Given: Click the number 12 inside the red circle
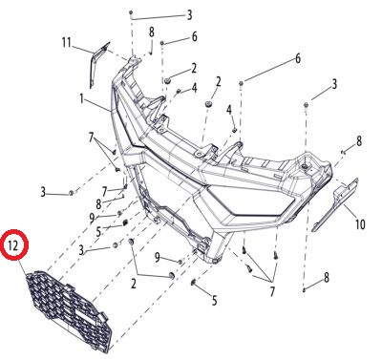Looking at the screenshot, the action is click(x=14, y=246).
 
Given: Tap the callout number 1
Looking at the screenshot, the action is click(x=82, y=99).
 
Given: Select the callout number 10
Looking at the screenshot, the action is click(x=360, y=224).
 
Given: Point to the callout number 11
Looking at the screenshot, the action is click(x=66, y=42).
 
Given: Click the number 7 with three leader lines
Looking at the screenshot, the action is click(x=272, y=291).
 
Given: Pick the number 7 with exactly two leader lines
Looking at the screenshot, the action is click(x=92, y=138).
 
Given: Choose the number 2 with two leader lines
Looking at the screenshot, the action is click(x=134, y=283).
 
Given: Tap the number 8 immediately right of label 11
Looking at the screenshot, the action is click(x=152, y=32).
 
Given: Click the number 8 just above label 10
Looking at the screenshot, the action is click(x=359, y=141).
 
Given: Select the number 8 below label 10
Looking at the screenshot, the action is click(x=327, y=278).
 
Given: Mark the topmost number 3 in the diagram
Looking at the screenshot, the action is click(x=189, y=14).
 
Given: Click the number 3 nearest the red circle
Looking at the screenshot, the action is click(x=81, y=250).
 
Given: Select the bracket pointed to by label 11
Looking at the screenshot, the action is click(x=97, y=64).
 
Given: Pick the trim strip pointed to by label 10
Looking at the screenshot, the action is click(x=335, y=203).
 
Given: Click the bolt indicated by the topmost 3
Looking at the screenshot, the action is click(x=131, y=12).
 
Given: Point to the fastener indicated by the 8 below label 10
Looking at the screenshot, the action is click(x=305, y=289).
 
